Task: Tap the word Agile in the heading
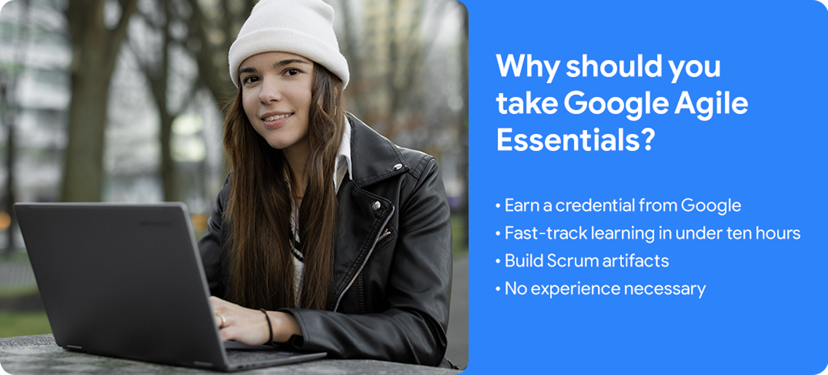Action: pyautogui.click(x=711, y=104)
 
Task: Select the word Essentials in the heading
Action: pyautogui.click(x=568, y=140)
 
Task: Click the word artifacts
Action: pyautogui.click(x=636, y=261)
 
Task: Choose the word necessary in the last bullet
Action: pyautogui.click(x=665, y=289)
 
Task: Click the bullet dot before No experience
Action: pyautogui.click(x=498, y=288)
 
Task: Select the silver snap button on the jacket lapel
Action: pyautogui.click(x=398, y=167)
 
